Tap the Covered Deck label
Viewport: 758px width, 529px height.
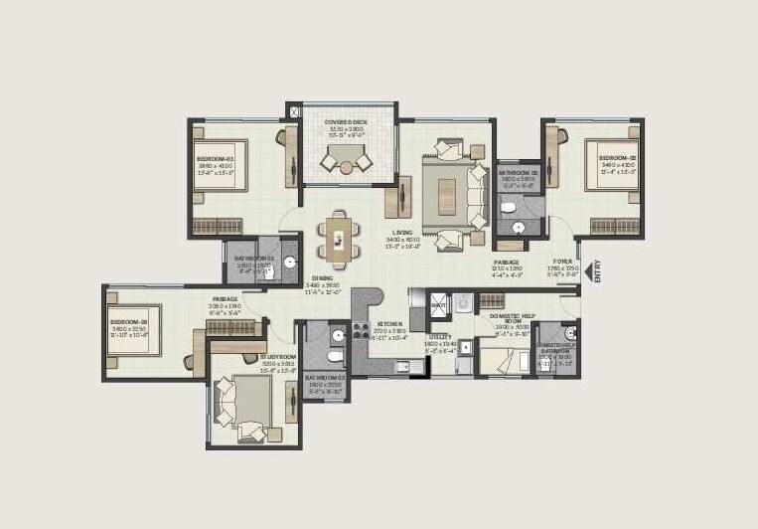[347, 121]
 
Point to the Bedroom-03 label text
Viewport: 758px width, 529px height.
[128, 322]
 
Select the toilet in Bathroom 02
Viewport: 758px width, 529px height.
[507, 208]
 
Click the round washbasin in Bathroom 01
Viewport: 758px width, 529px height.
[289, 263]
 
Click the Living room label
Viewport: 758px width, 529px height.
[402, 233]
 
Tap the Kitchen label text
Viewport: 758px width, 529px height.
[388, 324]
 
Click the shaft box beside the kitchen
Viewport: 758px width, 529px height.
[440, 304]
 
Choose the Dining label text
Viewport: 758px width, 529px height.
[322, 278]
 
